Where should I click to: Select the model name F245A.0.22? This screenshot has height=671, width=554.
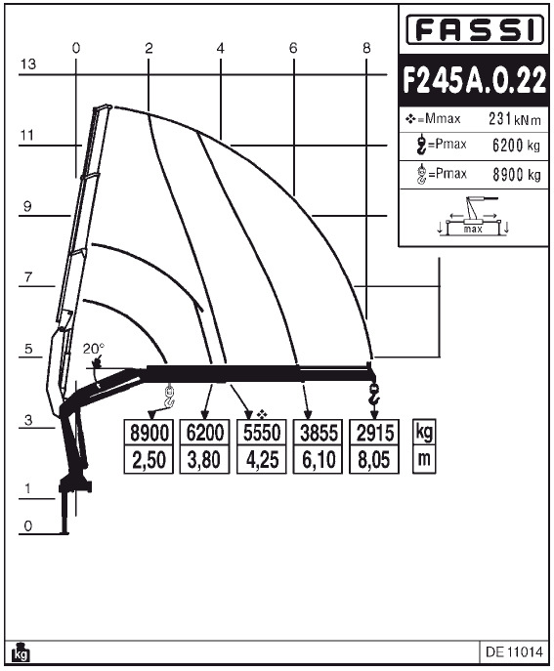[x=474, y=82]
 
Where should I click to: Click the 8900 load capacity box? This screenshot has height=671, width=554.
[x=149, y=433]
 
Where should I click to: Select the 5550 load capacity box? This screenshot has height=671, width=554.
[x=261, y=433]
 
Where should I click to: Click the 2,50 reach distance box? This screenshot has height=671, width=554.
[x=149, y=458]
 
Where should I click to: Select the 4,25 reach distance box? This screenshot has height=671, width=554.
[x=261, y=458]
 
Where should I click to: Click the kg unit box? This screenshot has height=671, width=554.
[x=424, y=432]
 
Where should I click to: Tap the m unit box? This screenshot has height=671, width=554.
[x=424, y=458]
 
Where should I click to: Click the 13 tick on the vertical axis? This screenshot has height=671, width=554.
[x=27, y=64]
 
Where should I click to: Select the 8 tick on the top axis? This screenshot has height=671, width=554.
[x=366, y=47]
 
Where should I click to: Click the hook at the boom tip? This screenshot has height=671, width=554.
[x=372, y=395]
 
